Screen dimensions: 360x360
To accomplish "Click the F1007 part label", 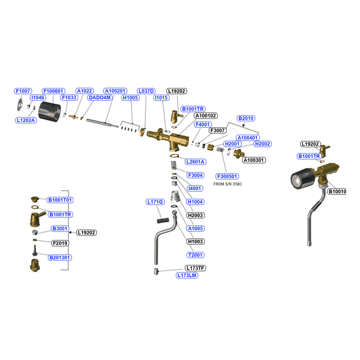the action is tap(23, 91).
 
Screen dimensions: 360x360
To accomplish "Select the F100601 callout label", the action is tap(54, 91).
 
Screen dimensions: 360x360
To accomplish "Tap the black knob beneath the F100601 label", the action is tap(49, 111).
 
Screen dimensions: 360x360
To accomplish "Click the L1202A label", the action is tap(26, 120).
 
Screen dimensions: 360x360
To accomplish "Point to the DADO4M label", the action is tap(100, 97).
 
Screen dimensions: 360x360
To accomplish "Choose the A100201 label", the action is tap(115, 91).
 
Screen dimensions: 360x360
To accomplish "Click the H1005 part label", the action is tap(130, 98).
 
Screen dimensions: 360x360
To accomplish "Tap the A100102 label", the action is tap(205, 116).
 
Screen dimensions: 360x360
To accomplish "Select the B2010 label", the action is tap(246, 118).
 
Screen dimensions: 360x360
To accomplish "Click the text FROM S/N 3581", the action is tap(228, 184).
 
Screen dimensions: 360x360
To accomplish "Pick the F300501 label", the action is tap(227, 176).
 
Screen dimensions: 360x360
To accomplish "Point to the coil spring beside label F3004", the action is tap(174, 165).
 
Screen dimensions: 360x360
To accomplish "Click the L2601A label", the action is tap(196, 162).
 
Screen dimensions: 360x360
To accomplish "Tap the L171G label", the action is tap(155, 202).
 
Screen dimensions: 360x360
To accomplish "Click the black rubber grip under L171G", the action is tap(163, 220).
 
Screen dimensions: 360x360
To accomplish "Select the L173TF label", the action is tap(196, 268).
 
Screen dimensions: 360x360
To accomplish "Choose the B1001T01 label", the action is tap(60, 200).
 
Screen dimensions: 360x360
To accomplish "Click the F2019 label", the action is tap(60, 243).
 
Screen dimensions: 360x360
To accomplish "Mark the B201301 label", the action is tap(60, 258).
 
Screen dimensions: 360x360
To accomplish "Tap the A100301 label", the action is tap(254, 160).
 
